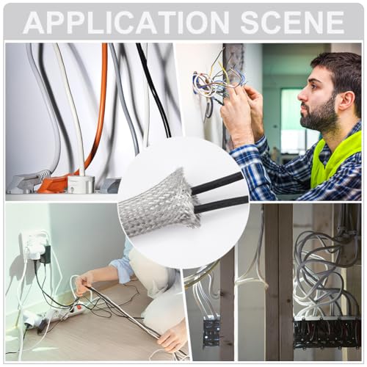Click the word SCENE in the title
[293, 23]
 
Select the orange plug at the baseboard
[53, 185]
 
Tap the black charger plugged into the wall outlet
[46, 255]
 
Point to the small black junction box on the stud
[211, 331]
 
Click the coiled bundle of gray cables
[323, 272]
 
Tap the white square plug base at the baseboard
[81, 183]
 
